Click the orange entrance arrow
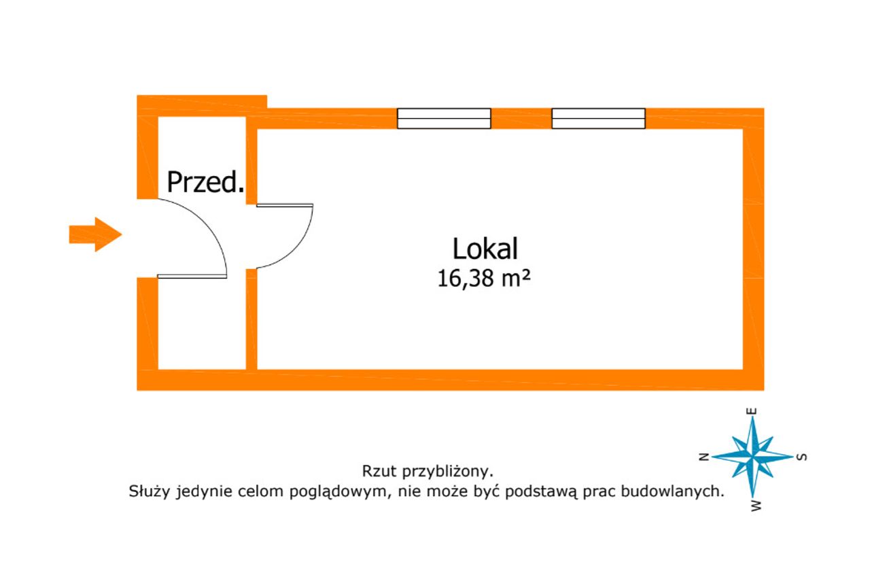[x=96, y=234]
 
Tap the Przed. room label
[x=206, y=182]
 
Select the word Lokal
[x=485, y=249]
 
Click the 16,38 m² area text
[x=483, y=279]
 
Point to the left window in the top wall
[x=444, y=118]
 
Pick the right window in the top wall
[x=599, y=118]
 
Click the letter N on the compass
[x=704, y=457]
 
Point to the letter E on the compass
[x=752, y=411]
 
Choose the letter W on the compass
[x=756, y=506]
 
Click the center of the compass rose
[x=753, y=457]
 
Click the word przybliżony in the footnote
[x=448, y=472]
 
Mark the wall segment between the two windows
[x=521, y=118]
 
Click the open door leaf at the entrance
[x=192, y=276]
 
